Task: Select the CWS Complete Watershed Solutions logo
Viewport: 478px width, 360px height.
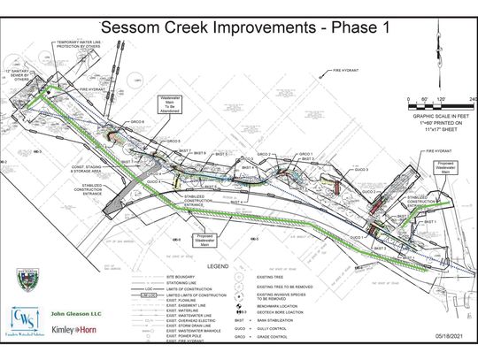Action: [25, 325]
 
